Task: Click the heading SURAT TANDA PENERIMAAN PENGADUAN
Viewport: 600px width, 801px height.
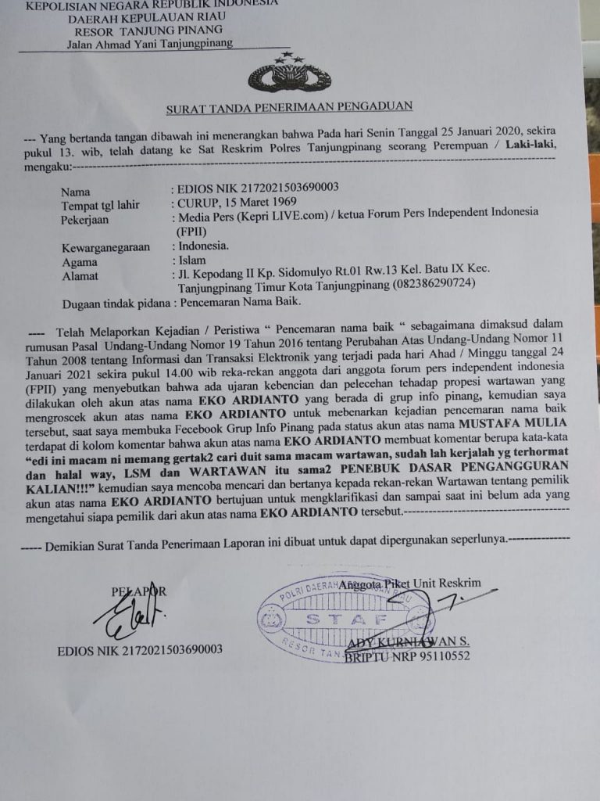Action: click(x=289, y=107)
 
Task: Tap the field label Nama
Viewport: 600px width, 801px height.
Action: click(x=76, y=192)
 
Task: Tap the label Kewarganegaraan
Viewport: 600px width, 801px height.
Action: click(x=105, y=248)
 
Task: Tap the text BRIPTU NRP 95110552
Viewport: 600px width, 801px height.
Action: click(x=407, y=656)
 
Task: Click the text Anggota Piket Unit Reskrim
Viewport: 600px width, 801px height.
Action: click(x=409, y=583)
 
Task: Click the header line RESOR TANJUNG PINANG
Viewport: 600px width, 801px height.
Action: click(x=138, y=31)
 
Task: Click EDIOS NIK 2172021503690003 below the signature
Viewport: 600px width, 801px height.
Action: click(x=140, y=650)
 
